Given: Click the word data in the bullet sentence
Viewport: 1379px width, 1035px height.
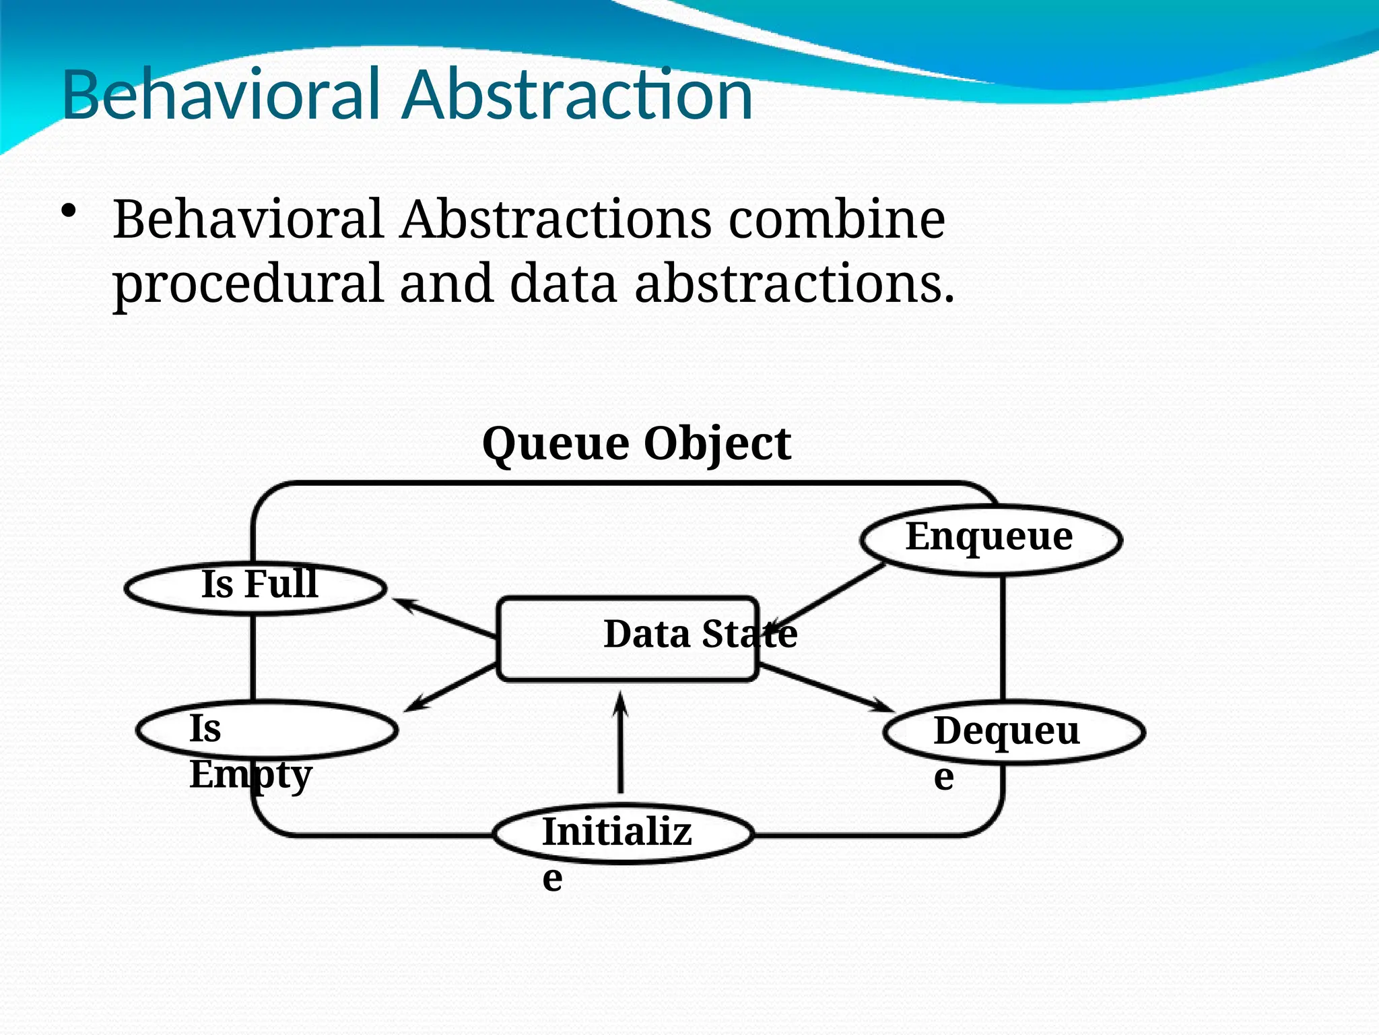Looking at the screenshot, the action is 563,283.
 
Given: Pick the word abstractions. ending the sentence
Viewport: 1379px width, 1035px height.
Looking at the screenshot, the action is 795,283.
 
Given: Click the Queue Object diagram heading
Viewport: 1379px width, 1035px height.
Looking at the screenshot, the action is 636,445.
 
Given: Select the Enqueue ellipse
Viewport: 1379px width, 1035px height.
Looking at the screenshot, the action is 990,539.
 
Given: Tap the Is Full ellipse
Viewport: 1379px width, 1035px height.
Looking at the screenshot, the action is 256,588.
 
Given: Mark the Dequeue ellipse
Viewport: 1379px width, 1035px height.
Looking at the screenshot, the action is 1013,732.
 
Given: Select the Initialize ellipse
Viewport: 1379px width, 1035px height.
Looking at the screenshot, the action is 623,834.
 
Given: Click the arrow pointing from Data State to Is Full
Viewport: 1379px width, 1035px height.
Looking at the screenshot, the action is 444,617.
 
